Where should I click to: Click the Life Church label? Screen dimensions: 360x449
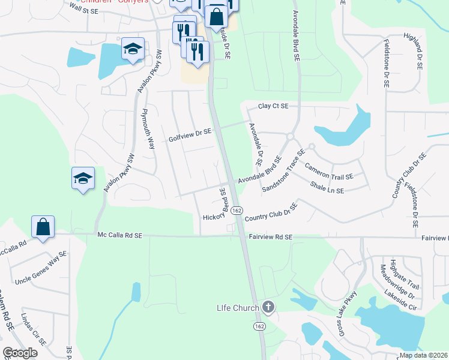(x=238, y=308)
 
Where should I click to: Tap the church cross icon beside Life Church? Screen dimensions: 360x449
(x=268, y=308)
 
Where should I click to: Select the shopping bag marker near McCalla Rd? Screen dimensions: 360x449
(x=43, y=227)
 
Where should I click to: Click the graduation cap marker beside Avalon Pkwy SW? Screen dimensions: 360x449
(x=83, y=178)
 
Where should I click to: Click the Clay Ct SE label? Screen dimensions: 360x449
(x=273, y=106)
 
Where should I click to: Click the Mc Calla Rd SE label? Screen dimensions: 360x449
(x=119, y=236)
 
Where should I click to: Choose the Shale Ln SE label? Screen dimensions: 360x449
(x=327, y=187)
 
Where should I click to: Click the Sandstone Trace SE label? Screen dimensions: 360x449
(x=288, y=174)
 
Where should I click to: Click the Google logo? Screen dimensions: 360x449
(x=20, y=353)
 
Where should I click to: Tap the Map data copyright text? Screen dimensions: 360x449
(x=424, y=355)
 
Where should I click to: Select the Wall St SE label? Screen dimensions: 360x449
(x=83, y=7)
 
